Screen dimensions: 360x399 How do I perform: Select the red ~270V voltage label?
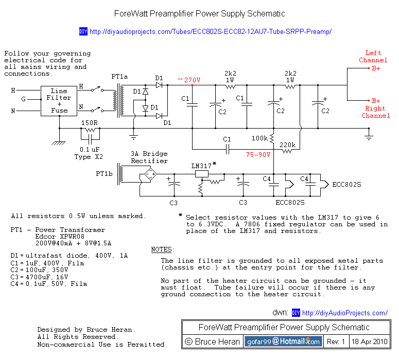click(x=189, y=80)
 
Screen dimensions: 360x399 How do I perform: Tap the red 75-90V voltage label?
click(x=258, y=154)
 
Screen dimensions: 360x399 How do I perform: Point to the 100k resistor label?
click(x=260, y=139)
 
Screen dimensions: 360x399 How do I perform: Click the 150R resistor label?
click(x=90, y=123)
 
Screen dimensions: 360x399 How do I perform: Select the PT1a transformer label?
click(x=119, y=77)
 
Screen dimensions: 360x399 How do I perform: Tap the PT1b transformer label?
click(x=104, y=174)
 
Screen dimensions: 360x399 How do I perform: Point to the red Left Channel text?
click(x=373, y=57)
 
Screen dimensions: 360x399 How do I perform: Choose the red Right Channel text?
click(x=375, y=112)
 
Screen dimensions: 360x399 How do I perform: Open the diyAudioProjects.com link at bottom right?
click(x=344, y=313)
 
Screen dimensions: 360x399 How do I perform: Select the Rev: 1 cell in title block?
click(x=336, y=341)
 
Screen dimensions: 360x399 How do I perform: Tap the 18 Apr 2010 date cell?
click(x=370, y=341)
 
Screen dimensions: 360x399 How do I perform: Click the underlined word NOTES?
click(x=162, y=249)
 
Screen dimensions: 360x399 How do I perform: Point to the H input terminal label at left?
click(x=13, y=91)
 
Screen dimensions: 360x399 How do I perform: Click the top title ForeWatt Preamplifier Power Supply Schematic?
click(x=199, y=14)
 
